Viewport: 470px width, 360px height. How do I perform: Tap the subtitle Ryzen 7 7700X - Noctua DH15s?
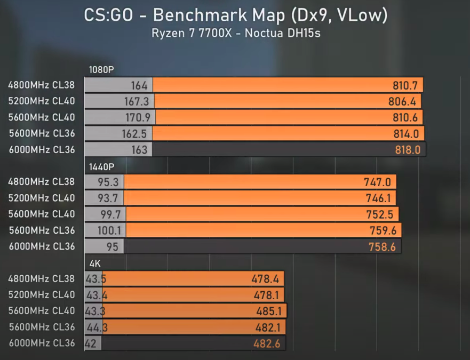click(235, 33)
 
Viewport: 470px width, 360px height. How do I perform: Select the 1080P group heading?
click(101, 69)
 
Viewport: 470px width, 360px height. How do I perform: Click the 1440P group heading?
click(101, 166)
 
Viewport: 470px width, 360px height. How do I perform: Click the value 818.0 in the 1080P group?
click(408, 150)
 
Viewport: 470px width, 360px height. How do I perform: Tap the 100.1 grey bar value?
click(109, 230)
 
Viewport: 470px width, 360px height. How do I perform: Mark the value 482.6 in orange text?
click(267, 343)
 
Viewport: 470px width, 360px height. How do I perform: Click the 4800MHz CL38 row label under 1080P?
click(42, 85)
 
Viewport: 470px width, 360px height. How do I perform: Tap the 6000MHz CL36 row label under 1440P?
click(42, 246)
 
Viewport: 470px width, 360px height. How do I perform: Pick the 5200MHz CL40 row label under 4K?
click(42, 295)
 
